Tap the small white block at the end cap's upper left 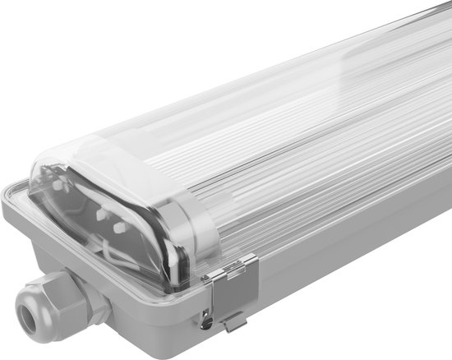click(x=56, y=186)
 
